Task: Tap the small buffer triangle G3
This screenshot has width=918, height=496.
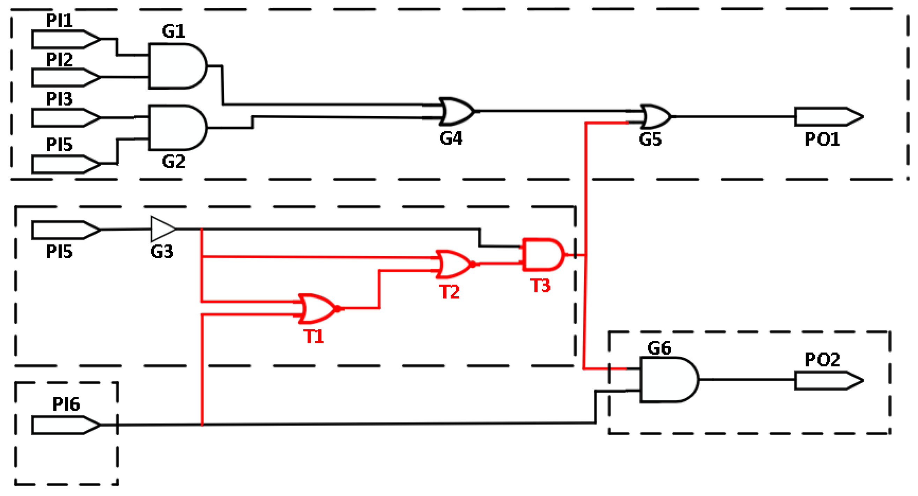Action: coord(162,229)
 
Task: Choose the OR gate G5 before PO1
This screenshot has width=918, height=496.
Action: coord(656,117)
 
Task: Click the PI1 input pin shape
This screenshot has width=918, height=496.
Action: coord(64,39)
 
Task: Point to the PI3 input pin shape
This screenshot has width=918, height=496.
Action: coord(64,118)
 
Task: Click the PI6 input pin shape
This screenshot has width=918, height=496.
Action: coord(64,425)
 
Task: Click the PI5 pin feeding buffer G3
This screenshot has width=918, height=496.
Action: coord(64,230)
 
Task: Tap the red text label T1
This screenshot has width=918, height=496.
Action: coord(313,336)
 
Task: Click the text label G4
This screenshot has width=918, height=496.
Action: coord(451,138)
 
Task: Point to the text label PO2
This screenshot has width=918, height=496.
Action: coord(822,360)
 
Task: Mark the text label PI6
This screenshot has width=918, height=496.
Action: coord(66,404)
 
